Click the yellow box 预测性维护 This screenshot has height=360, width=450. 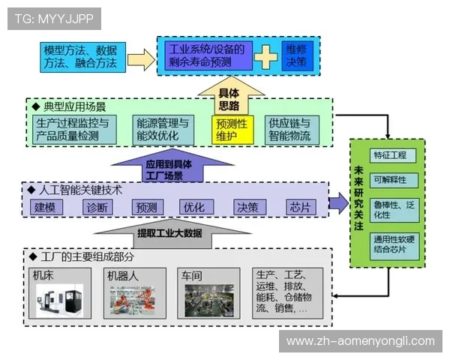pyautogui.click(x=233, y=130)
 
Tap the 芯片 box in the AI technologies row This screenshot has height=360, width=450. pyautogui.click(x=301, y=208)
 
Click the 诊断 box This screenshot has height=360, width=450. pyautogui.click(x=97, y=208)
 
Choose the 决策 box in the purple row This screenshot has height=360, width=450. pyautogui.click(x=248, y=208)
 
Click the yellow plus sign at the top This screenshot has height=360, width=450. pyautogui.click(x=266, y=57)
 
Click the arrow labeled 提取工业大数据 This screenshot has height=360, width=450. pyautogui.click(x=169, y=232)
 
